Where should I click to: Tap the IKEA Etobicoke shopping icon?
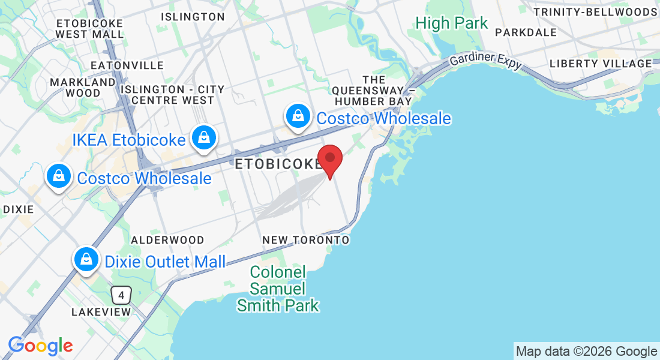point(204,138)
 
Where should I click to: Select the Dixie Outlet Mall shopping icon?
point(86,259)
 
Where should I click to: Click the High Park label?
point(452,23)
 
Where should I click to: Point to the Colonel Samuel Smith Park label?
point(278,289)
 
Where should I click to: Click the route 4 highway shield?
point(121,295)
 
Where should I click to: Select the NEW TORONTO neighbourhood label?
point(306,240)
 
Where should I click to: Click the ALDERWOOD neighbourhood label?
point(167,240)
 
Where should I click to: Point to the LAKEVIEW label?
point(101,313)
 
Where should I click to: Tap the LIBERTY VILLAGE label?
point(600,64)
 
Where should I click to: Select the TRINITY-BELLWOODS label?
point(595,12)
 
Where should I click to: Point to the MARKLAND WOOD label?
point(83,88)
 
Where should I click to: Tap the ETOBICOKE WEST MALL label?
point(89,28)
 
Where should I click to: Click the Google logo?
point(40,346)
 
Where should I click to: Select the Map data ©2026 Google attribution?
point(586,352)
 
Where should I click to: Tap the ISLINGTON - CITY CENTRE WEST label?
point(173,95)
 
